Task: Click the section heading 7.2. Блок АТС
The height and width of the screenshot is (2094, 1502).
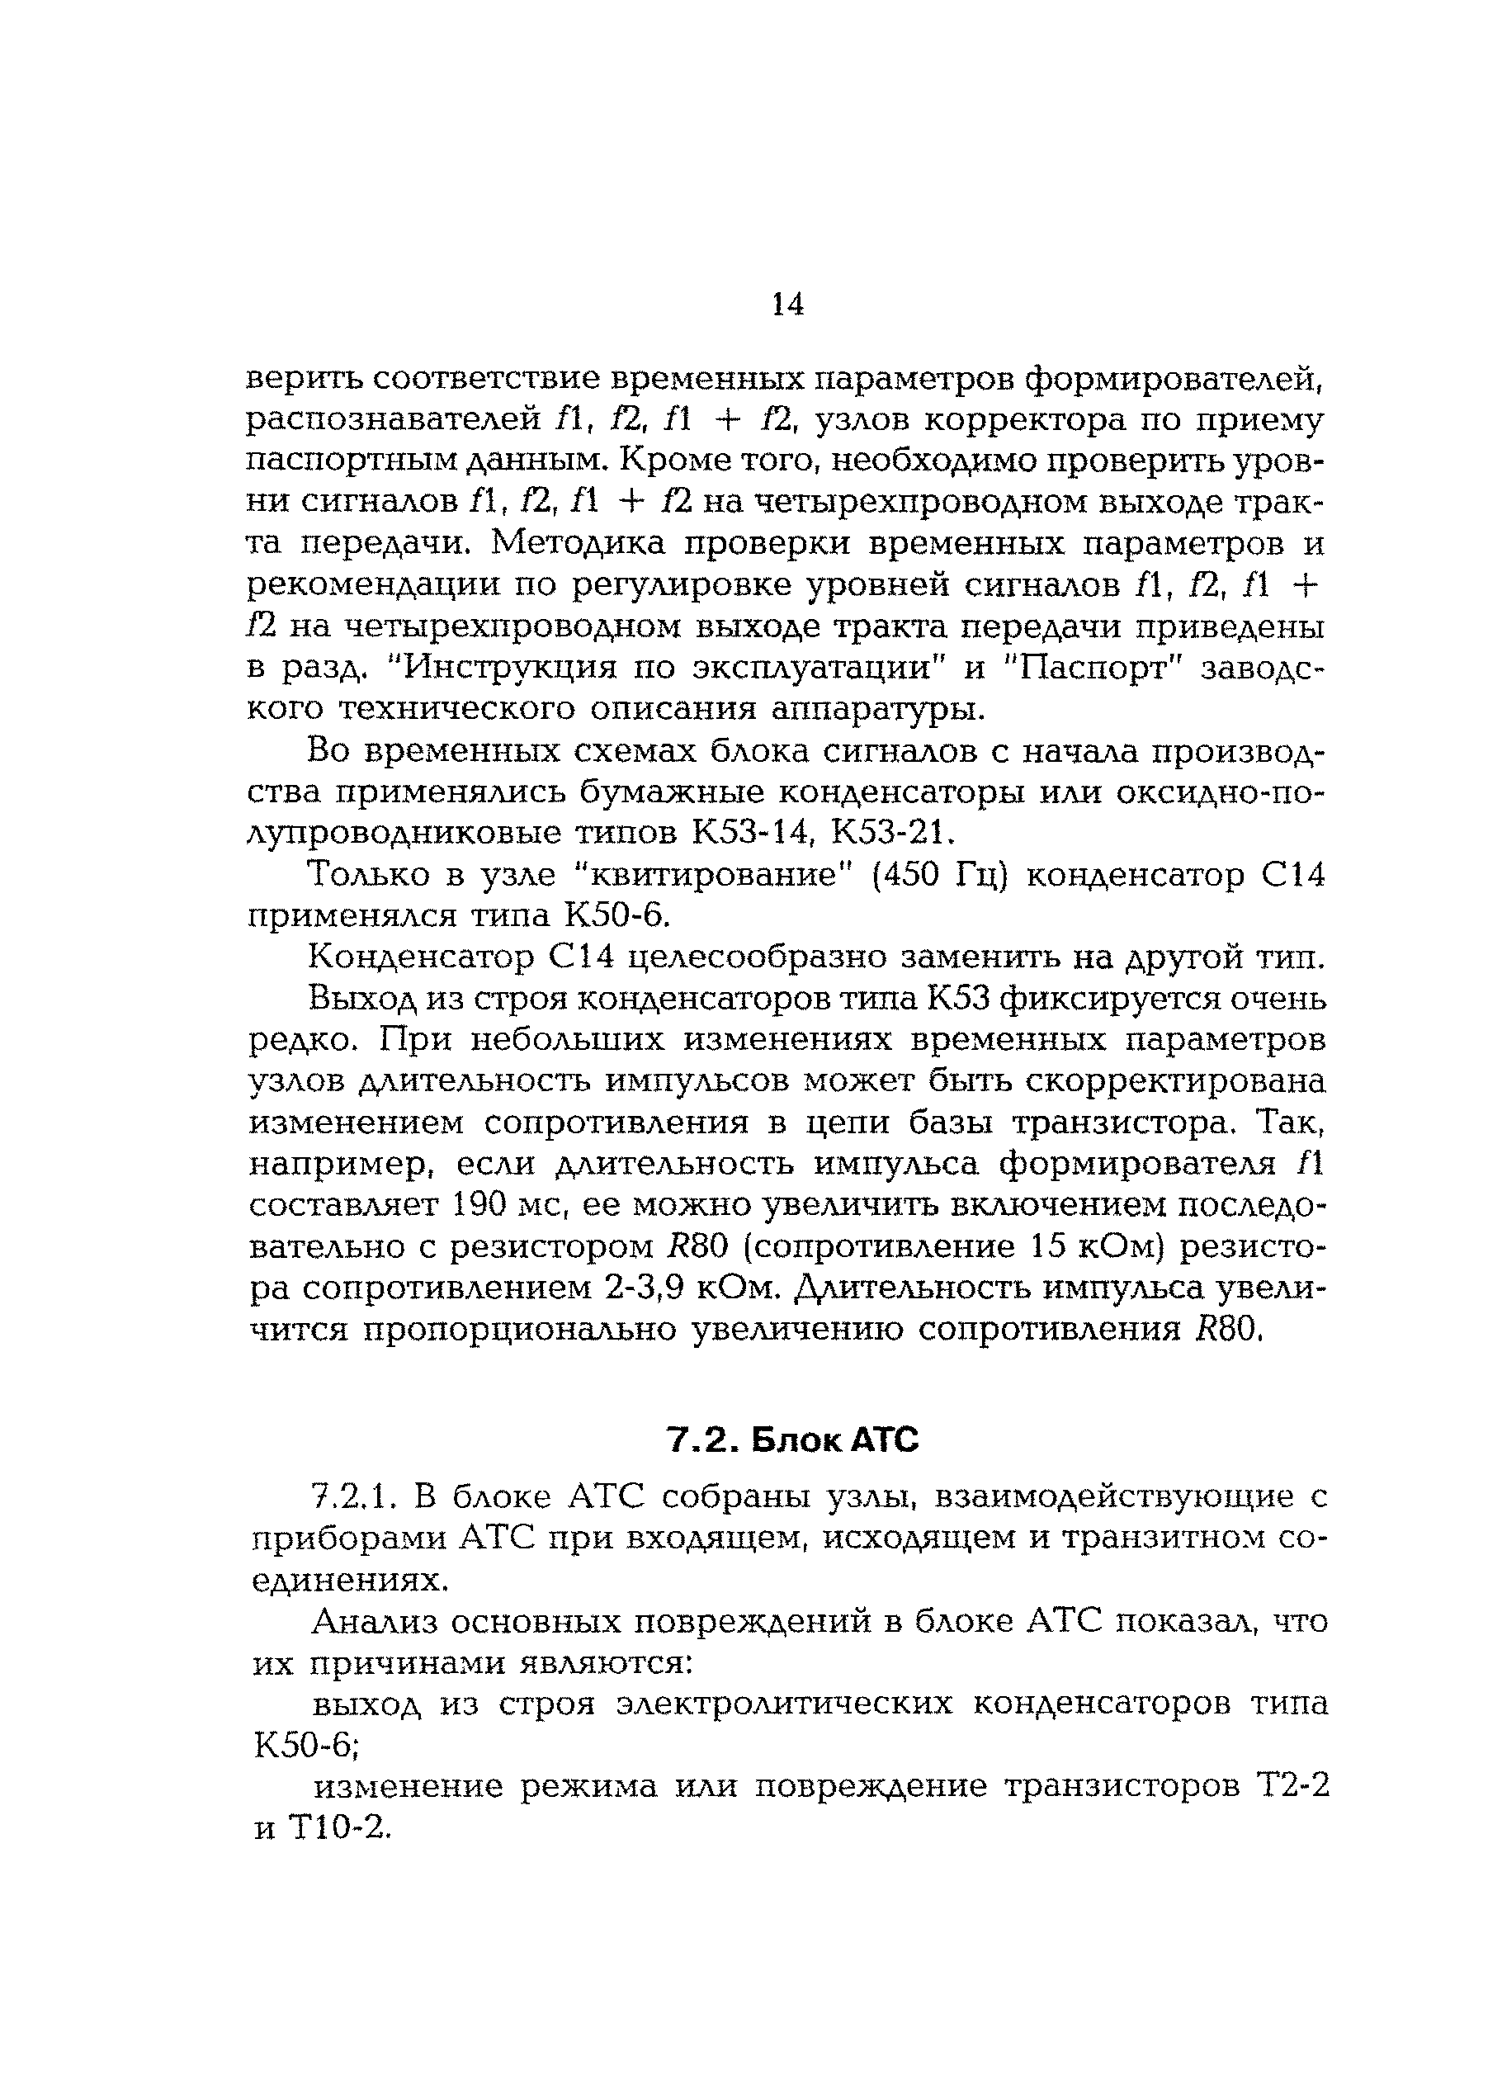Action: coord(793,1439)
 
